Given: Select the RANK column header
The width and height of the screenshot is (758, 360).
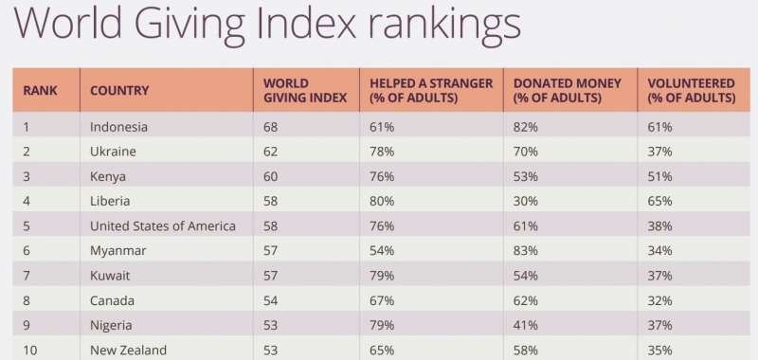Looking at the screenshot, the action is coord(40,90).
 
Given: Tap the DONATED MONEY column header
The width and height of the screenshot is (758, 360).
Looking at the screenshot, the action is coord(567,90).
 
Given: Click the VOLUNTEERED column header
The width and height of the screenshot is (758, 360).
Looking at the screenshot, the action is coord(692,90).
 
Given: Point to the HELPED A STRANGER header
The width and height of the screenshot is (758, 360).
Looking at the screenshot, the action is coord(431,90).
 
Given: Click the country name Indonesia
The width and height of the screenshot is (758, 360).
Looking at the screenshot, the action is coord(118,127).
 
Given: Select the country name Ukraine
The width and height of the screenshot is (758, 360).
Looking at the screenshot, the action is coord(113,152).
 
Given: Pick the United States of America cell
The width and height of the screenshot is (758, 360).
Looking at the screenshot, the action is coord(162,225).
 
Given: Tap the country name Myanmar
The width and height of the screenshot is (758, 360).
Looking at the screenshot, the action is coord(117,251).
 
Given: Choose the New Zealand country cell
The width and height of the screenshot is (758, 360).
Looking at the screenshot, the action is coord(128,350).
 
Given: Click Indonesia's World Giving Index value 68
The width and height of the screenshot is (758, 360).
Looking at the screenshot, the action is coord(271,127).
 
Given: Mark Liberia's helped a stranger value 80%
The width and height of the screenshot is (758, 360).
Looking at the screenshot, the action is coord(382,201).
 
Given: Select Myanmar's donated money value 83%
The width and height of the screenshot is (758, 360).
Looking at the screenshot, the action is coord(526,251).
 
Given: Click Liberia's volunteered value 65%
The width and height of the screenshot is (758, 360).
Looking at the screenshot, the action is coord(659,201).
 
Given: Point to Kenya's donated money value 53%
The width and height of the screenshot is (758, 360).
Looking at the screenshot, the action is coord(526,176).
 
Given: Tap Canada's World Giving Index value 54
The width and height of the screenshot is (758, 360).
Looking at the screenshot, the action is coord(271,300).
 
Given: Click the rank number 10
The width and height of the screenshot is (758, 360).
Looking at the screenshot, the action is coord(30,350).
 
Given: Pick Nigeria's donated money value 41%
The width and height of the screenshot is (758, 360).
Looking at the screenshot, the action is coord(526,325).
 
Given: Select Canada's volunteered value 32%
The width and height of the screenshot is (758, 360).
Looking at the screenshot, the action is coord(659,300).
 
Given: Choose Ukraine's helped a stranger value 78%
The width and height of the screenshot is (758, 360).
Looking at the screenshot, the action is coord(382,152).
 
